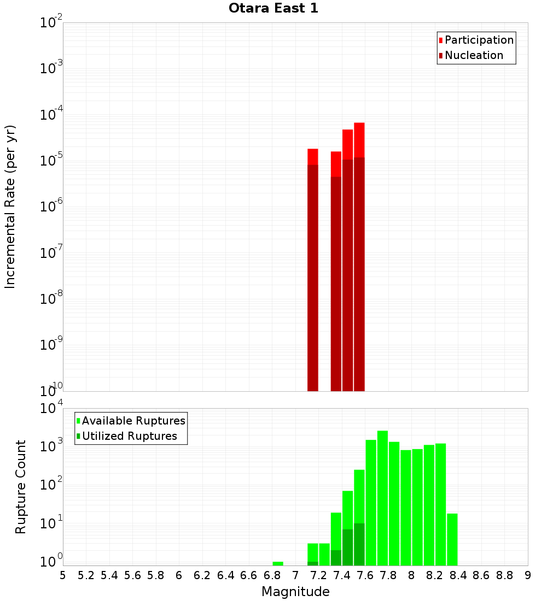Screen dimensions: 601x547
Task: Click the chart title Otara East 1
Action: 273,8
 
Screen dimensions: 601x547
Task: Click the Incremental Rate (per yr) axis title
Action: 10,207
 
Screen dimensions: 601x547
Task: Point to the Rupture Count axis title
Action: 21,487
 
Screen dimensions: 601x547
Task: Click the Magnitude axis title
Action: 295,592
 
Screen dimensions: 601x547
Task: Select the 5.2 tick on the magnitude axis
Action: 86,575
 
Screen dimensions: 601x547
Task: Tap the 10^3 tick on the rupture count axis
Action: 51,446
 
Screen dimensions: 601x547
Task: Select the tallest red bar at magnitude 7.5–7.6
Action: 359,257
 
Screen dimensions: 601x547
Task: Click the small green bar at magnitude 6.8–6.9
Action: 277,563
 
